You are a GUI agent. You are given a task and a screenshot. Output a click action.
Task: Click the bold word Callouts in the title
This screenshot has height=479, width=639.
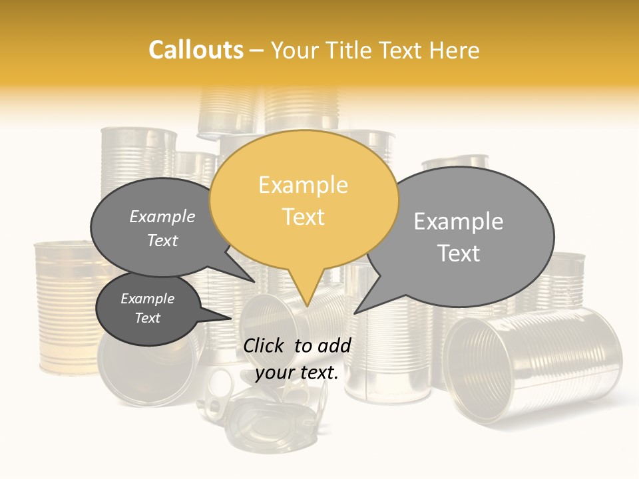[x=196, y=50]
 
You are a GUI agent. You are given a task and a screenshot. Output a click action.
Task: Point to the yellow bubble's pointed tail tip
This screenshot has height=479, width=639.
[x=307, y=307]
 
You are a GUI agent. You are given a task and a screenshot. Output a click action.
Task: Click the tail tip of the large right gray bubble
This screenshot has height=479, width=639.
[x=355, y=313]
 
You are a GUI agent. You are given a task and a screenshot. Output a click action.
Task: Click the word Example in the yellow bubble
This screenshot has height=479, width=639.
[x=303, y=185]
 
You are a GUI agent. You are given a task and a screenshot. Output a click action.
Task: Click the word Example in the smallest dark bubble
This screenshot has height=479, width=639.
[x=147, y=299]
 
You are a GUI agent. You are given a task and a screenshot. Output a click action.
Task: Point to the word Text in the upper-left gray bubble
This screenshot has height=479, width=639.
[x=162, y=241]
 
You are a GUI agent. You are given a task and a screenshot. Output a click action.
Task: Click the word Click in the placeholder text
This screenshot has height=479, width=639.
[x=264, y=345]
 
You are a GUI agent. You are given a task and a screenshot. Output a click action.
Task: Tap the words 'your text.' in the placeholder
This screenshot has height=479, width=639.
[x=297, y=373]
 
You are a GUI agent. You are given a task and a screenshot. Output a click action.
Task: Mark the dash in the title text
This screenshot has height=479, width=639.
[x=258, y=50]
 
